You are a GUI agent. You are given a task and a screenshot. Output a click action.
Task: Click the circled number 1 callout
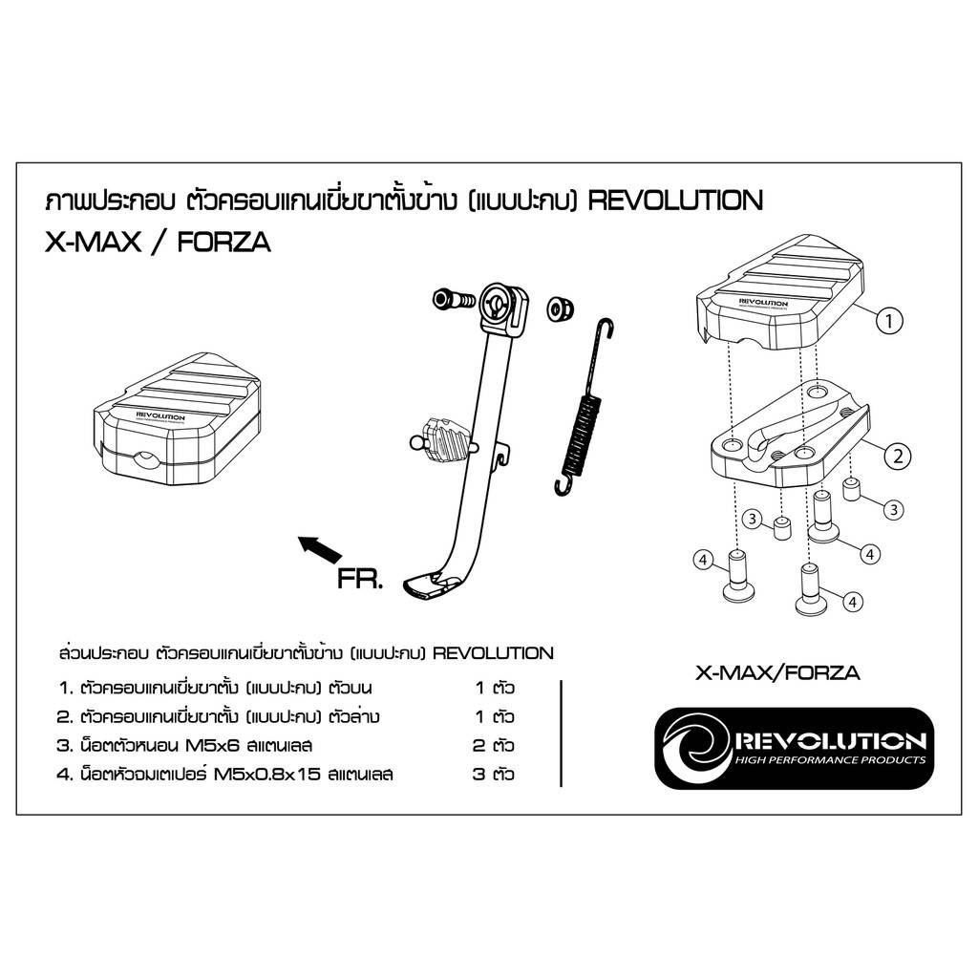coord(889,321)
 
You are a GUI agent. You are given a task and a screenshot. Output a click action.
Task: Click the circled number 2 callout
coord(898,456)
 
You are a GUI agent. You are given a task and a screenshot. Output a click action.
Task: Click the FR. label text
coord(359,580)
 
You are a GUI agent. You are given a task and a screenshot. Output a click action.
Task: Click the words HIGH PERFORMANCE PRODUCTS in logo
coord(830,759)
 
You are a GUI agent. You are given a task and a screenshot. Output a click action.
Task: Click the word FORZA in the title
coord(223,243)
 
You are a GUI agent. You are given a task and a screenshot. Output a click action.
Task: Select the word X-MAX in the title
coord(94,243)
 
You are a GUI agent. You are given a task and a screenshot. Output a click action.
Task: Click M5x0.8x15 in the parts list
coord(267,774)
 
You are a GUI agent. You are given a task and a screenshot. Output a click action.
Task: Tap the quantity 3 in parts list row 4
coord(478,774)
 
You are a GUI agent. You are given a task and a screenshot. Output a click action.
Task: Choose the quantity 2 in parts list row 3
coord(478,745)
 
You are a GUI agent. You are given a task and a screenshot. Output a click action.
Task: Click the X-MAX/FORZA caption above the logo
coord(777,673)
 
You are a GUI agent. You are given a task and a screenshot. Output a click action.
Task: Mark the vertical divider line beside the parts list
coord(562,733)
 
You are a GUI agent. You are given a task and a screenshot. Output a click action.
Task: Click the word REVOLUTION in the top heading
coord(675,201)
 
